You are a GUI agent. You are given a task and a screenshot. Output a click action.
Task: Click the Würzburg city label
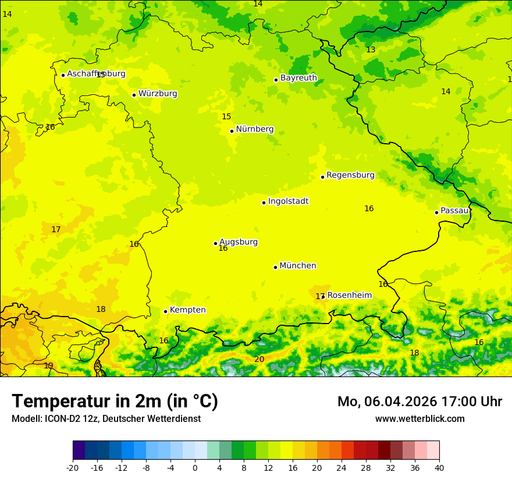coord(158,94)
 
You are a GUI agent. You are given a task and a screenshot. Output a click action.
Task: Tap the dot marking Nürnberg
coord(232,131)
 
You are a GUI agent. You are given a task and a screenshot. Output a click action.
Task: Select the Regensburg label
coord(350,175)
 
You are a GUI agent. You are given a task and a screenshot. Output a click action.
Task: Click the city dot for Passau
coord(436,212)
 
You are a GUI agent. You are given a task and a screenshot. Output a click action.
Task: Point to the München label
coord(298,266)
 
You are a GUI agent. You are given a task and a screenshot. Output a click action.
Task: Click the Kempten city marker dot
coord(165,311)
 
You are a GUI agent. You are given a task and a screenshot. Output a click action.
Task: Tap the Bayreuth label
coord(298,78)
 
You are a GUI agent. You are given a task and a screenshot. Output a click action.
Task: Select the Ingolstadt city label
coord(288,201)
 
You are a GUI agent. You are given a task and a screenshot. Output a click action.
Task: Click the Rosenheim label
coord(349,296)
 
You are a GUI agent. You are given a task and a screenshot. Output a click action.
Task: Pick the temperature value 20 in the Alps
coord(259,360)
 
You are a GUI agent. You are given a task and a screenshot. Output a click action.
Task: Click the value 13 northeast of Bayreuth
coord(371,50)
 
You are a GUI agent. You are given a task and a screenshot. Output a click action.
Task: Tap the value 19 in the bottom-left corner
coord(48,366)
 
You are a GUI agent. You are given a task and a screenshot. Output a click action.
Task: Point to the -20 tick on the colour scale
coord(73,467)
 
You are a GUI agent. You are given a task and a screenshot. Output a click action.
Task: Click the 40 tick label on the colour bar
coord(439,467)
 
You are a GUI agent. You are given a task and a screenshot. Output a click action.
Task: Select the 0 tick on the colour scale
coord(195,467)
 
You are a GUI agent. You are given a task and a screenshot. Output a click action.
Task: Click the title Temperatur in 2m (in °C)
coord(115,401)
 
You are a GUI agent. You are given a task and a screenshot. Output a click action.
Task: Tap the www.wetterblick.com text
coord(419,419)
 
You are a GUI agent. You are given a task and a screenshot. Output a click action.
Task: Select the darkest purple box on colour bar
coord(79,450)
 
